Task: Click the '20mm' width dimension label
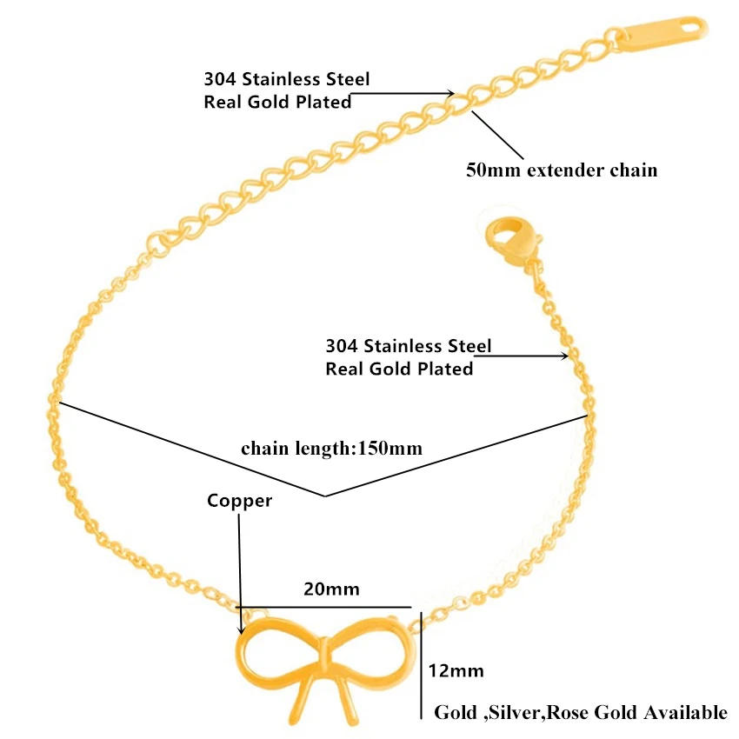(331, 589)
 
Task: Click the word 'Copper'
(239, 501)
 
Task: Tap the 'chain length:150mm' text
(331, 449)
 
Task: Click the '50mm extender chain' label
(562, 170)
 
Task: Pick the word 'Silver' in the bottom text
(513, 713)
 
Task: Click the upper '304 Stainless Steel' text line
(286, 80)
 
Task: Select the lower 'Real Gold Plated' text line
(399, 369)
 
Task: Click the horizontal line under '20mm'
(326, 607)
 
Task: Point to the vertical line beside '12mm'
(421, 661)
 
